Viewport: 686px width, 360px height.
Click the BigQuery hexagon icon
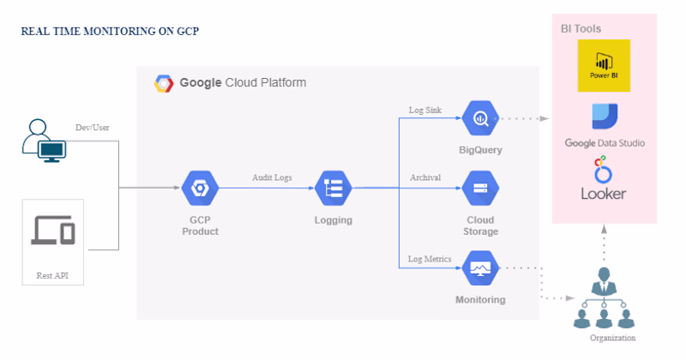[480, 118]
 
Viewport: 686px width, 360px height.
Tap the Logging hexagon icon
[334, 188]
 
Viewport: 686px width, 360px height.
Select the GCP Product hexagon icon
[200, 188]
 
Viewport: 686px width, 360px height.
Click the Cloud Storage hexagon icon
[480, 188]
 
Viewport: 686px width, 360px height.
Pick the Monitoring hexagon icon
[480, 267]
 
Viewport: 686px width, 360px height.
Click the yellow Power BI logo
[604, 66]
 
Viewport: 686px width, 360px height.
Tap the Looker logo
[604, 178]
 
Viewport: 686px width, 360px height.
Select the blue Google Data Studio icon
[605, 117]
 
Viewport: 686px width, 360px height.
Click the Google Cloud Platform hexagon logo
[164, 83]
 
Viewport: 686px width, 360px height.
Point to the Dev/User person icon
[45, 141]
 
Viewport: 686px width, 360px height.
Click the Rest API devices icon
[53, 230]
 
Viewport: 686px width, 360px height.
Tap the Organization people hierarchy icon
[604, 298]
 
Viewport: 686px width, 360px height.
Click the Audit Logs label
[272, 177]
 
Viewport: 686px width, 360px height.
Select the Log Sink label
[425, 111]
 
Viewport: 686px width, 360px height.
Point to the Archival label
[425, 177]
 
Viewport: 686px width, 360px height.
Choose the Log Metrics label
[430, 259]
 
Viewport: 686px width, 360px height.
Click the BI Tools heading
[581, 29]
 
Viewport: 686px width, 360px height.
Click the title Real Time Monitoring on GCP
[110, 32]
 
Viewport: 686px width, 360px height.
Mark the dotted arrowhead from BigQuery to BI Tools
[545, 118]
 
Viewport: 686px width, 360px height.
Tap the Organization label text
[612, 338]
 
